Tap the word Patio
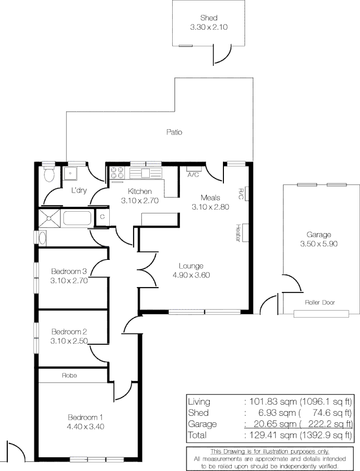174,132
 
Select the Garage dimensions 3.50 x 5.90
319,244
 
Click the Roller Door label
320,302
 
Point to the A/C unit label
193,174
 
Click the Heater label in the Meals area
238,233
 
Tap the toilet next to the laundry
49,175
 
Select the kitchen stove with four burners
117,173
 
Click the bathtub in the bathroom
77,218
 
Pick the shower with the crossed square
50,218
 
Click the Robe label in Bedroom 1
69,376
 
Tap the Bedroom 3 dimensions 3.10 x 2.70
68,280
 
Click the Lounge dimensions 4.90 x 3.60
191,275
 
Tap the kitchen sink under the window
145,173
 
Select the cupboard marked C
102,216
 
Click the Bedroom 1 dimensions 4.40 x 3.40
85,426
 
